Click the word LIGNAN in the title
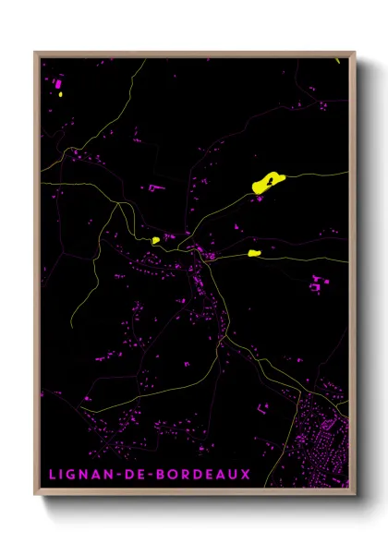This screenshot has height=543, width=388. [x=79, y=475]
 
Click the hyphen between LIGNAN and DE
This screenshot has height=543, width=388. [x=118, y=475]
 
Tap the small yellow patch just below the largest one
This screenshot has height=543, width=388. [x=255, y=251]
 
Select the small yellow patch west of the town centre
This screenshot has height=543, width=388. [x=156, y=240]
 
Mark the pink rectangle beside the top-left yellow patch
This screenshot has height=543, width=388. [x=57, y=83]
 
